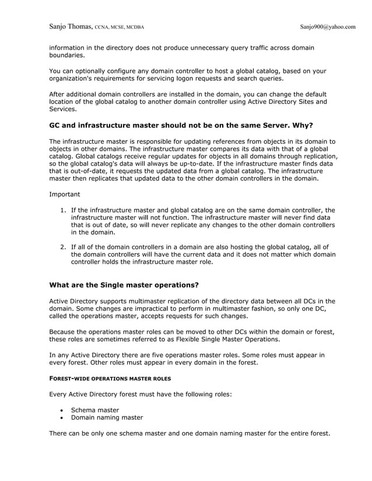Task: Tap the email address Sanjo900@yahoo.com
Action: pyautogui.click(x=327, y=26)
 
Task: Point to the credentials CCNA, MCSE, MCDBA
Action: pyautogui.click(x=120, y=27)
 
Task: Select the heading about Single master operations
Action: pyautogui.click(x=124, y=285)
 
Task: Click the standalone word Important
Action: pyautogui.click(x=65, y=194)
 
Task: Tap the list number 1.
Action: pyautogui.click(x=64, y=210)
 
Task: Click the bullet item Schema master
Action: pyautogui.click(x=94, y=410)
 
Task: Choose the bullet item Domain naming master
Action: pyautogui.click(x=107, y=418)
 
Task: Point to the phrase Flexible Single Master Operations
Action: pyautogui.click(x=224, y=339)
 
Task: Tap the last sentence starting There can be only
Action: pyautogui.click(x=189, y=433)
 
